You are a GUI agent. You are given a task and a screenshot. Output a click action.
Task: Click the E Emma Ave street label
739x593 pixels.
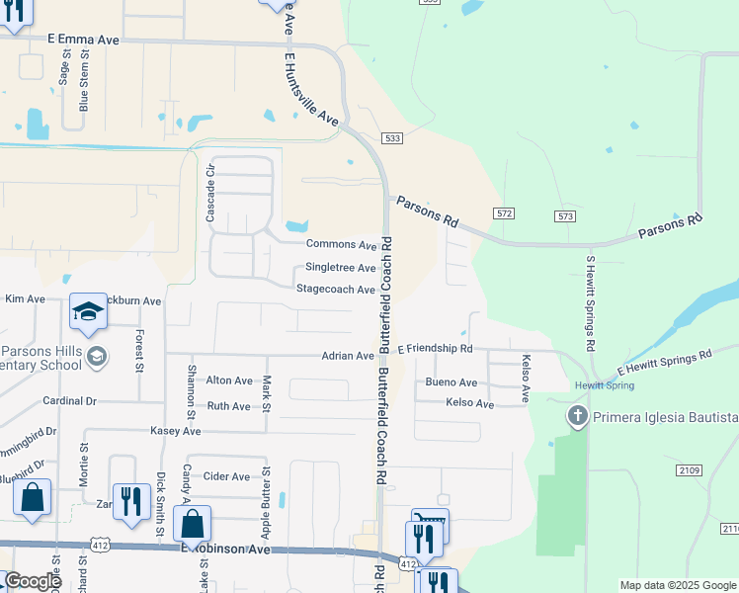point(83,39)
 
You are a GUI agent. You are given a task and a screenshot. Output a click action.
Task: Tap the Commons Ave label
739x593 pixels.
point(342,244)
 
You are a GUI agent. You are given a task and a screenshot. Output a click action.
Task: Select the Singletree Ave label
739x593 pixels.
point(340,267)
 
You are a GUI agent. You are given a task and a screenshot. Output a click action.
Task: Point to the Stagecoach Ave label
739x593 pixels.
point(336,290)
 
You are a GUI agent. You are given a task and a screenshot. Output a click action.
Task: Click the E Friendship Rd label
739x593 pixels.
point(435,349)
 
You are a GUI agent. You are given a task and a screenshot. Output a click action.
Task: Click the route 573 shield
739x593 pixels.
point(565,215)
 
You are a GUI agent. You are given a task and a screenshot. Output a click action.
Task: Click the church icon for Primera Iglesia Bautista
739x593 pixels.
point(578,416)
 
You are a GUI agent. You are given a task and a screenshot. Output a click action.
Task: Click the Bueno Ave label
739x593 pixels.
point(452,382)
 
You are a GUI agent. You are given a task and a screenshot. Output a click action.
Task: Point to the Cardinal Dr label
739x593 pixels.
point(70,401)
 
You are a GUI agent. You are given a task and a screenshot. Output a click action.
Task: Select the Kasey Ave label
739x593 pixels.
point(176,431)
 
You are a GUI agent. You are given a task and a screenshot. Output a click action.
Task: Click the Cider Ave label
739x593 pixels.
point(226,476)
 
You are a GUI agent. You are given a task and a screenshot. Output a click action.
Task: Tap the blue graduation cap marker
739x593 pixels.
point(88,311)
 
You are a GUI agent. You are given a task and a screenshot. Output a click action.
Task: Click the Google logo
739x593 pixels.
point(32,581)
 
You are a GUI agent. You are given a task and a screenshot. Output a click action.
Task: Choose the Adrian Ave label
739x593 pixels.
point(347,356)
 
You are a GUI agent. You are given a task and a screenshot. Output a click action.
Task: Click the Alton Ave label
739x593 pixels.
point(229,381)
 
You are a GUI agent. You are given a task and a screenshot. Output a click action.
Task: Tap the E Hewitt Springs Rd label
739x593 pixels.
point(664,362)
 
